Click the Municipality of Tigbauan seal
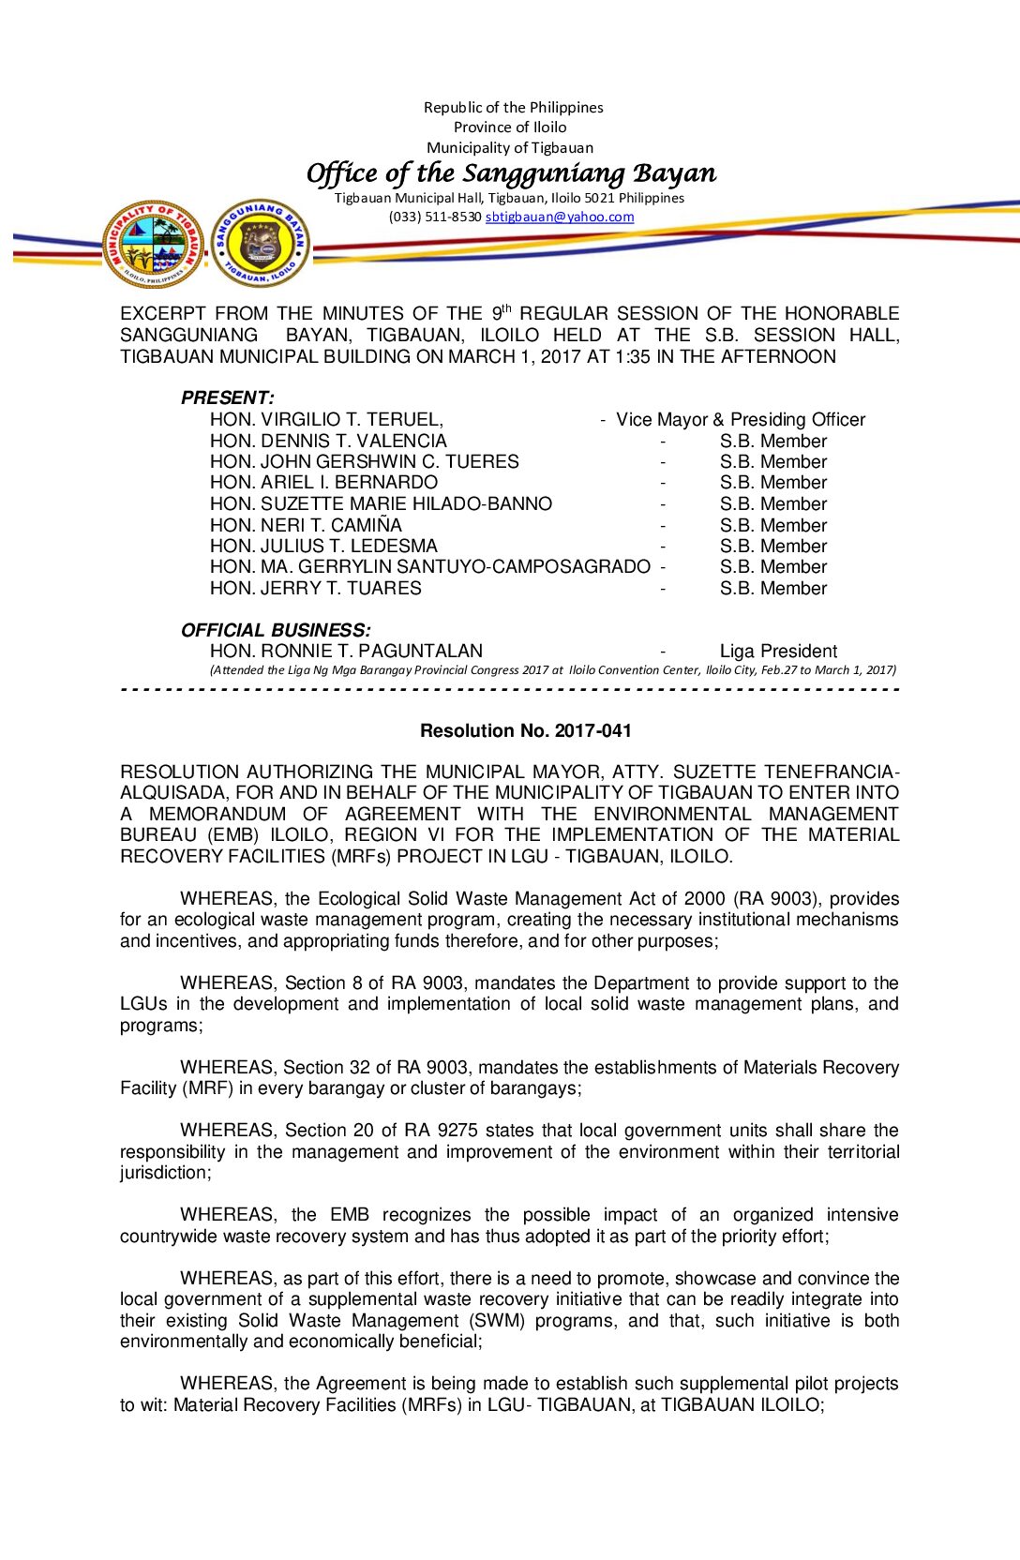[x=154, y=244]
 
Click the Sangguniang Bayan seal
[x=260, y=244]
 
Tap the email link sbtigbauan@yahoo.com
[x=560, y=217]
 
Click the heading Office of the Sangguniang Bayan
[x=511, y=173]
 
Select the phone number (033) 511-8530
[x=435, y=217]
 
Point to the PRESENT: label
[x=227, y=397]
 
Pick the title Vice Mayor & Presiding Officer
[x=741, y=419]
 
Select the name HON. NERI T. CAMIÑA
[x=306, y=525]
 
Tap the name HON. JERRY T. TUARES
[x=316, y=588]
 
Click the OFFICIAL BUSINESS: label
[x=276, y=630]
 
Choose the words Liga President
[x=778, y=651]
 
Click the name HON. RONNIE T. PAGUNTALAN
[x=346, y=651]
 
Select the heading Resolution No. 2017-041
[x=526, y=730]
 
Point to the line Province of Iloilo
[x=510, y=127]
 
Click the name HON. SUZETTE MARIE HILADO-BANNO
[x=381, y=503]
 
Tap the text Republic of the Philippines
[x=513, y=107]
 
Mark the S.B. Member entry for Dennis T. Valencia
[x=773, y=441]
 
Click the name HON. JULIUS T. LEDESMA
[x=323, y=546]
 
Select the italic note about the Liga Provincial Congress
[x=553, y=669]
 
